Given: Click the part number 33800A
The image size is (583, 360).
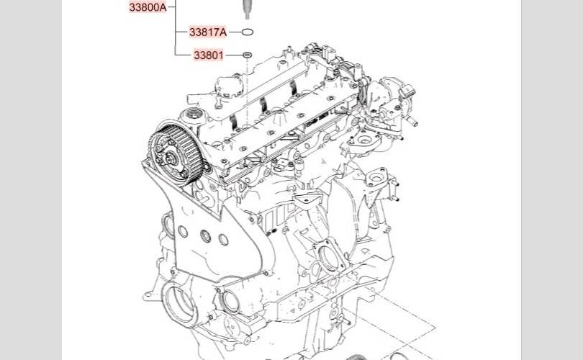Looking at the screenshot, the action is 148,7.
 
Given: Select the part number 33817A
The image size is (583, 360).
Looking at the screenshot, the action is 208,32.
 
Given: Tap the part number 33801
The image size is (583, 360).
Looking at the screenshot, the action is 209,55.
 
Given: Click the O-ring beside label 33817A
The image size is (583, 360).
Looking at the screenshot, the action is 248,32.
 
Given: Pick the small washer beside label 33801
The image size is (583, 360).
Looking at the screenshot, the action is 248,55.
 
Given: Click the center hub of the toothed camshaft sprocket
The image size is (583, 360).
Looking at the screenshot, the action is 172,160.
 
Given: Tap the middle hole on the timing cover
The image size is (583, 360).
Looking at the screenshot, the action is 205,236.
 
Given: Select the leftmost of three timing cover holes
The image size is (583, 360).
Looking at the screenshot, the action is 183,232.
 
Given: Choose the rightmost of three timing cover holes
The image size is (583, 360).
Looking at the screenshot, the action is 223,240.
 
